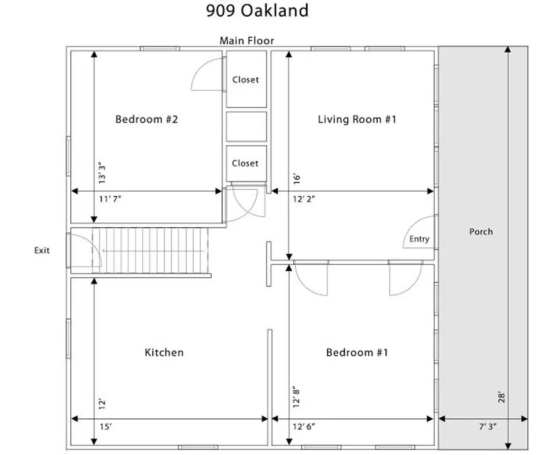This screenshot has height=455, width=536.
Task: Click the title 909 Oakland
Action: click(257, 11)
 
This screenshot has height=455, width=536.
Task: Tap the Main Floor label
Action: click(247, 41)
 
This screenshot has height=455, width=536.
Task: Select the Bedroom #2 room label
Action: click(147, 119)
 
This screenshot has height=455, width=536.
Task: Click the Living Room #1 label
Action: click(357, 119)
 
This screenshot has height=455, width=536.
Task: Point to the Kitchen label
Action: click(164, 353)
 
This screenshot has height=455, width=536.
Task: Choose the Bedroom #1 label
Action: click(357, 353)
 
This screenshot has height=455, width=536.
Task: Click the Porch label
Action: click(481, 232)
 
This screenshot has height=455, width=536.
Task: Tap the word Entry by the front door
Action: click(419, 239)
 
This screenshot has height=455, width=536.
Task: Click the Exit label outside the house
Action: click(42, 250)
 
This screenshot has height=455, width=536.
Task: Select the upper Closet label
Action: click(245, 80)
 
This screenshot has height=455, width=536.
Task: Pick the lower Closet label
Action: click(245, 163)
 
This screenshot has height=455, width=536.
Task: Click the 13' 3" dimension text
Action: click(102, 173)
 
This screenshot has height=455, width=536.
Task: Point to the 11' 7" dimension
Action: click(110, 199)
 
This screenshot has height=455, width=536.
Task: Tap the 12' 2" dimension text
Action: click(304, 199)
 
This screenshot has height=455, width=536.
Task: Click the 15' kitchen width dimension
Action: click(106, 426)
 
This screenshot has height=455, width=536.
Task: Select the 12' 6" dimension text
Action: click(304, 426)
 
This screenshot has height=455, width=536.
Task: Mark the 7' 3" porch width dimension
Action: click(488, 426)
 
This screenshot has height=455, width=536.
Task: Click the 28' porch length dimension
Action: click(501, 398)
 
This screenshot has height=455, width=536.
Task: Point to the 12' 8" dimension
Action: click(296, 399)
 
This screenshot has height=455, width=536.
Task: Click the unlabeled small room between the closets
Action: click(246, 126)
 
